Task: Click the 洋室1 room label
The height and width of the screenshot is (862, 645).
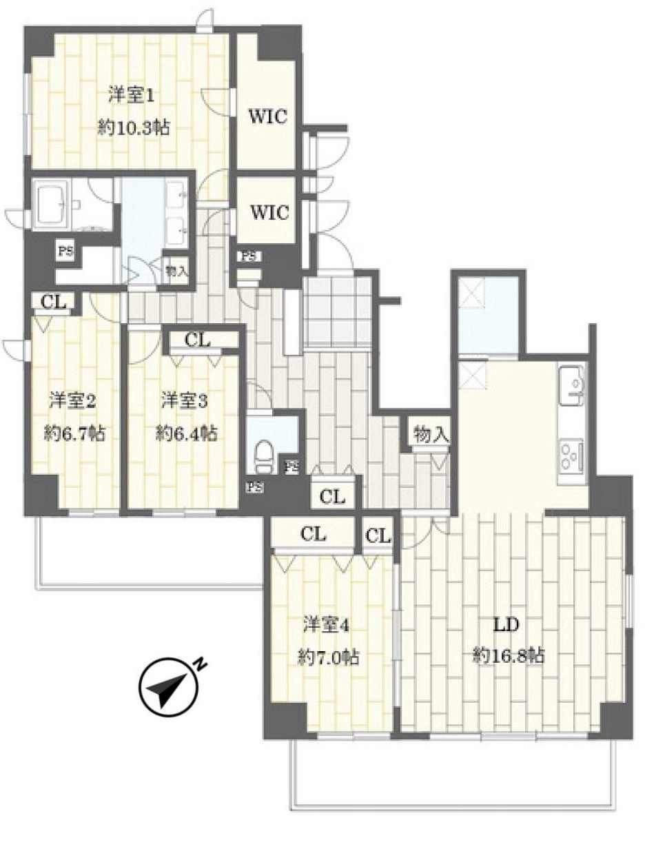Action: coord(131,96)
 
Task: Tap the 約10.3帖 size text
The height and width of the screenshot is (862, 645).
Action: coord(134,128)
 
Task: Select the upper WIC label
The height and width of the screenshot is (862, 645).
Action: coord(269,116)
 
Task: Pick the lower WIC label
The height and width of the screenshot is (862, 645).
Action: coord(270,212)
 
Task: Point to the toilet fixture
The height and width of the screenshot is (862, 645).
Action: coord(264,457)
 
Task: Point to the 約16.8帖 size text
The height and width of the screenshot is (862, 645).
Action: coord(509,655)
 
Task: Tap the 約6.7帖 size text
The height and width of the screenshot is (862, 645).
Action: coord(74,434)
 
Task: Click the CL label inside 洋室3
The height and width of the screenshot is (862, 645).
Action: coord(198,340)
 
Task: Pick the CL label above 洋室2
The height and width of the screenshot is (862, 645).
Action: coord(53,302)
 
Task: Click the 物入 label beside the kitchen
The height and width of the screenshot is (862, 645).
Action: coord(431,435)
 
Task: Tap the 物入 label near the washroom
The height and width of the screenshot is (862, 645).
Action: coord(177,271)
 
